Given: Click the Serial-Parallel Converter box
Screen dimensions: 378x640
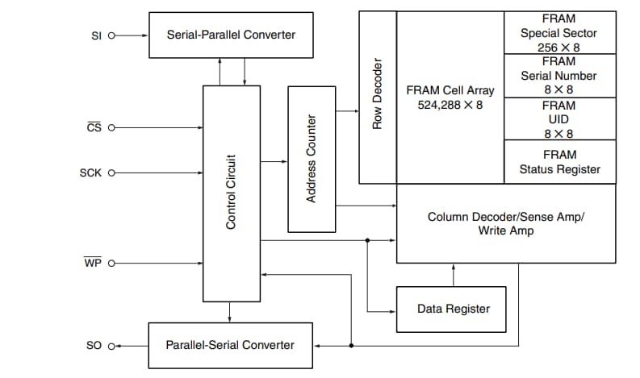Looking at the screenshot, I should pyautogui.click(x=231, y=35).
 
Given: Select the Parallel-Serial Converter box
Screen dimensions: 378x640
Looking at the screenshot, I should pyautogui.click(x=230, y=345).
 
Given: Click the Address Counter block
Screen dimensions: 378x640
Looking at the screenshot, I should pyautogui.click(x=312, y=158).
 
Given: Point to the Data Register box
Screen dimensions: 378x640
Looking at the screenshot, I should pyautogui.click(x=451, y=309).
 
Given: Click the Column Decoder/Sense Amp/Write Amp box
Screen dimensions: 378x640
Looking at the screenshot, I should pyautogui.click(x=504, y=223).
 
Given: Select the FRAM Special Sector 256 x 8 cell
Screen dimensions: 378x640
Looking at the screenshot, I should pyautogui.click(x=559, y=33).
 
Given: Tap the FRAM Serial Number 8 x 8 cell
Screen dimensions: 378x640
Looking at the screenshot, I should pyautogui.click(x=559, y=76).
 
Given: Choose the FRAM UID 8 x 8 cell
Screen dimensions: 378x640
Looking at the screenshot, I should pyautogui.click(x=559, y=118).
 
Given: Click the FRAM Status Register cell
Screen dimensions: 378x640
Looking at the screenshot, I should pyautogui.click(x=559, y=161).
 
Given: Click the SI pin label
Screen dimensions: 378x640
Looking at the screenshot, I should pyautogui.click(x=98, y=35).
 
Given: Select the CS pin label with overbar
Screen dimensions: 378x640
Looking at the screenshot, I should pyautogui.click(x=94, y=127).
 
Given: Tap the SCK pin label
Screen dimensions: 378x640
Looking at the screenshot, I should pyautogui.click(x=91, y=172).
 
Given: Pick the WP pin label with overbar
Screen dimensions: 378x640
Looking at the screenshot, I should pyautogui.click(x=92, y=263).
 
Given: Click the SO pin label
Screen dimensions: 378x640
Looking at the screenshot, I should pyautogui.click(x=94, y=345).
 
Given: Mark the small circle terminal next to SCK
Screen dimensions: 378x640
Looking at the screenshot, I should pyautogui.click(x=111, y=172).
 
